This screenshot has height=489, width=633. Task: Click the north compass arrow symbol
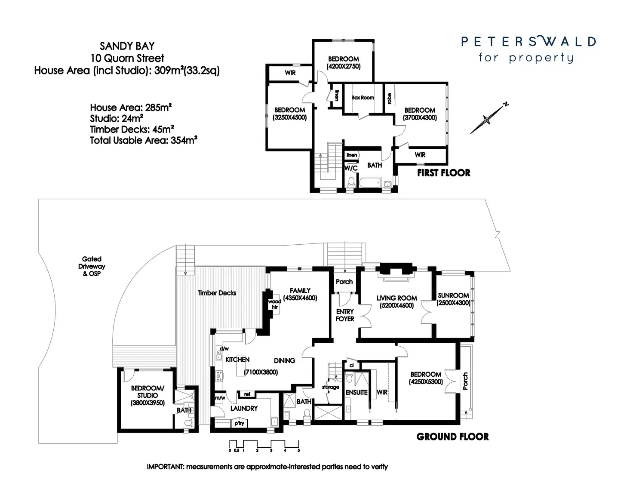pos(488,119)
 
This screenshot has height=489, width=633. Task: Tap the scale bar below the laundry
pos(264,445)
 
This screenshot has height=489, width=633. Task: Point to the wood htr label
pos(274,304)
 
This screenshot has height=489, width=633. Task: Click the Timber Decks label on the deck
pos(217,293)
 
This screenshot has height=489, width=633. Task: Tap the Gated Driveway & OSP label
pos(92,266)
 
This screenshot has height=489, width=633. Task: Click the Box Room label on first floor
pos(363,98)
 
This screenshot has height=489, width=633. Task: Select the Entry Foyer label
pos(345,315)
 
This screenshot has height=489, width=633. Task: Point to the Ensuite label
pos(356,392)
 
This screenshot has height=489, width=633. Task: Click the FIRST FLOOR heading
pos(443,173)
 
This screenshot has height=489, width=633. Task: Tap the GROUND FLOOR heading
pos(452,437)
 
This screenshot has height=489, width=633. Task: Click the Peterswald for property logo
pos(528,49)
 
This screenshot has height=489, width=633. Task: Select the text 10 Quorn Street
pos(127,58)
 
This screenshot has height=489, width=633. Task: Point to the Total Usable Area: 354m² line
pos(143,140)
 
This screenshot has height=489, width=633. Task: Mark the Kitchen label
pos(237,360)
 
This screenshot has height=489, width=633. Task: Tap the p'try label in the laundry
pos(239,423)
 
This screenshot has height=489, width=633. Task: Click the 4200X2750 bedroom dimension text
pos(344,66)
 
